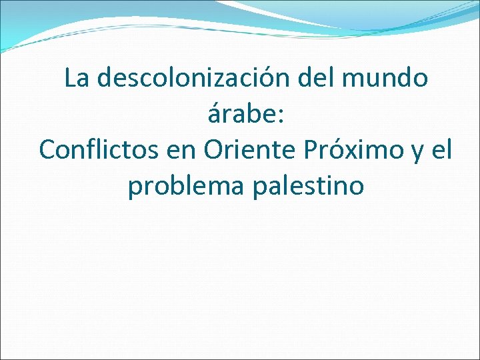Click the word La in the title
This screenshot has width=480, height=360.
(77, 79)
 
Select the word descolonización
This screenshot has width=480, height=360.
(193, 79)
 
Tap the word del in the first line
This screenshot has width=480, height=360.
(318, 79)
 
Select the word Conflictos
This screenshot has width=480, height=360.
(97, 150)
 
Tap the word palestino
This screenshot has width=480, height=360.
(309, 186)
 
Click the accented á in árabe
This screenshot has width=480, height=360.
(215, 115)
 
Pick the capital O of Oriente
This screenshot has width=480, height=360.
(213, 150)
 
